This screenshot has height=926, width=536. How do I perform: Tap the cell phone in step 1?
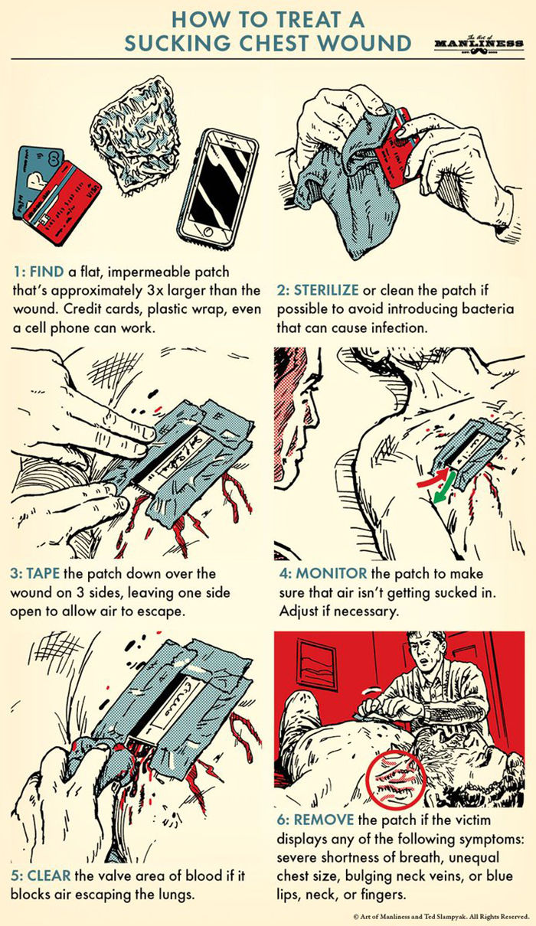[217, 186]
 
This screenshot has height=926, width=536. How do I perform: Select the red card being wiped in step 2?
[398, 142]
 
